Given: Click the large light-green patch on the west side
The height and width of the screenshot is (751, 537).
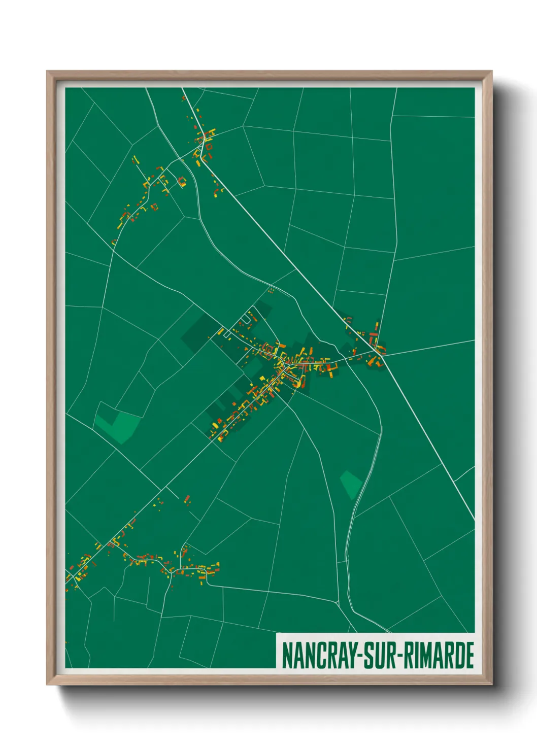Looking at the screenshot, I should click(x=118, y=425).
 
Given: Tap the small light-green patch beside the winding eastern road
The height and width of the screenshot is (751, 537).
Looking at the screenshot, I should click(x=351, y=484).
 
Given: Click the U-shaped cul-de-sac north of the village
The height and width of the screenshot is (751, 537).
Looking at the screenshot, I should click(x=245, y=319).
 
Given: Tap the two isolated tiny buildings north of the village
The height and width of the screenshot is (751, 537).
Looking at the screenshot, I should click(x=271, y=291).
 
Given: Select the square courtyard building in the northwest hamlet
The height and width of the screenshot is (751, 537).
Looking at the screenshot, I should click(x=181, y=181).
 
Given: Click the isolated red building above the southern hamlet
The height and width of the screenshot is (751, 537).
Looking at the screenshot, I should click(x=187, y=499).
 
